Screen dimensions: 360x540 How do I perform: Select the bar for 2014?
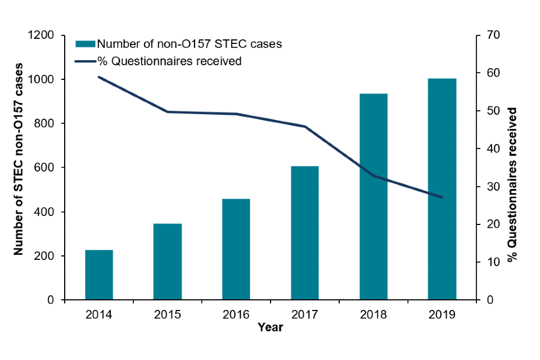tap(99, 275)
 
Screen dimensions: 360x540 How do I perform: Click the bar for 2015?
tap(168, 262)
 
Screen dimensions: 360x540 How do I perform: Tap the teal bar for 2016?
tap(236, 250)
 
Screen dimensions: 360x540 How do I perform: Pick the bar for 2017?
tap(305, 233)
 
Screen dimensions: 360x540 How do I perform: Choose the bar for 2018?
tap(373, 197)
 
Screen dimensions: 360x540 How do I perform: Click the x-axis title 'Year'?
tap(270, 327)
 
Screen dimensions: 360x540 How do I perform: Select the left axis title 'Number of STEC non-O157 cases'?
tap(19, 160)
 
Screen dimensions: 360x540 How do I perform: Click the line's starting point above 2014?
tap(99, 77)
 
